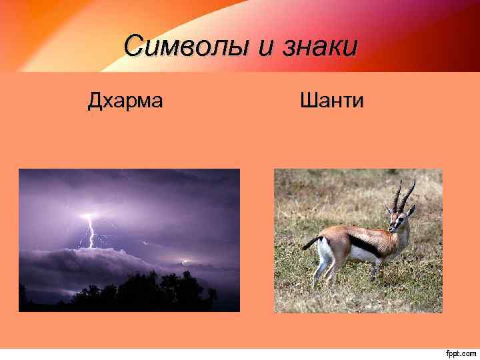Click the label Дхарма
(x=125, y=101)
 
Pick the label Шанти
(x=331, y=101)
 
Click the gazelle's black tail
(x=310, y=243)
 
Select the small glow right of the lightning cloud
(x=185, y=261)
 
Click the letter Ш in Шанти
(x=307, y=101)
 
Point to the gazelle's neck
(x=398, y=233)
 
